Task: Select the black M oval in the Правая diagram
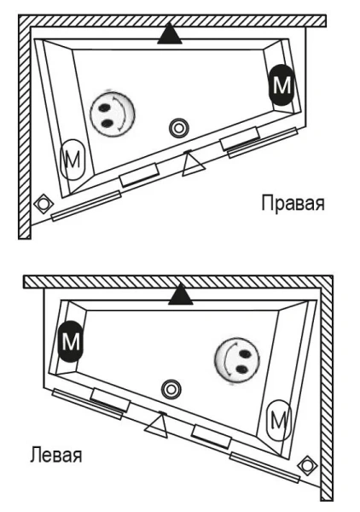pyautogui.click(x=281, y=86)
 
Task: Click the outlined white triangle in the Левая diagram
pyautogui.click(x=155, y=424)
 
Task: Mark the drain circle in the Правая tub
pyautogui.click(x=178, y=128)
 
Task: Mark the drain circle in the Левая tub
pyautogui.click(x=171, y=388)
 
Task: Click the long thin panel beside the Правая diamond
pyautogui.click(x=85, y=206)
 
